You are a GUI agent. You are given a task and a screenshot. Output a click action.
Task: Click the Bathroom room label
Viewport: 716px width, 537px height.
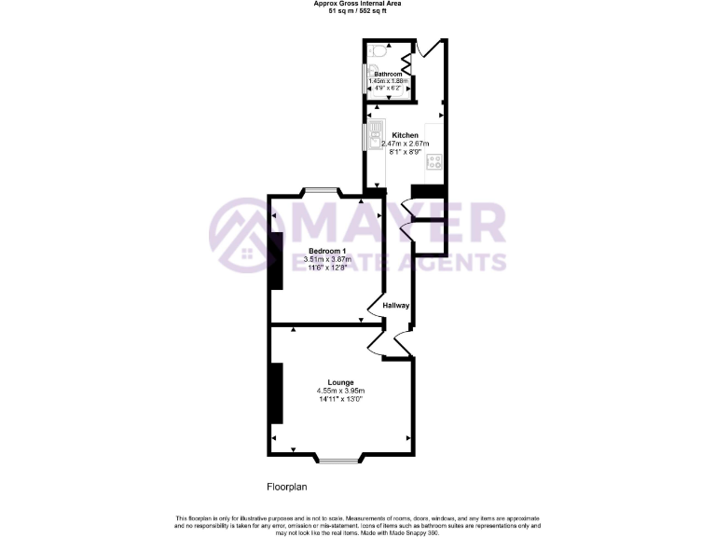(x=388, y=74)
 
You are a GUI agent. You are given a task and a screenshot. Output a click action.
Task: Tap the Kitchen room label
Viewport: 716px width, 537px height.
(x=405, y=136)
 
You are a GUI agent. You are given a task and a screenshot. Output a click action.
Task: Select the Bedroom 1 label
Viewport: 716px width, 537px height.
(x=327, y=251)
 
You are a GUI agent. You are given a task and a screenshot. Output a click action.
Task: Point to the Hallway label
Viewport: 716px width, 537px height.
(x=396, y=306)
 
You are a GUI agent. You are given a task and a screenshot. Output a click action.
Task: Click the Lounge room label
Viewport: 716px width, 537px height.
(x=340, y=382)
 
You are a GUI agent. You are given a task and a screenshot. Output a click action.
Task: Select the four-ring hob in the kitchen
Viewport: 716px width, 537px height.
(x=434, y=162)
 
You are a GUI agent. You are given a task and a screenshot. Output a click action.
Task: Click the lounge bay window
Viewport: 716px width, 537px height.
(x=340, y=458)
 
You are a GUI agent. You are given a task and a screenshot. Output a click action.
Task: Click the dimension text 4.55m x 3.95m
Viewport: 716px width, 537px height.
(x=340, y=391)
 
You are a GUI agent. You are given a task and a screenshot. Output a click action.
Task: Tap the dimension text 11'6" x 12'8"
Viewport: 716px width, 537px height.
(x=327, y=268)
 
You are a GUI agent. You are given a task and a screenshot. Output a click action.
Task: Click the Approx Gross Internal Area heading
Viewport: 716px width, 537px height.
(x=357, y=5)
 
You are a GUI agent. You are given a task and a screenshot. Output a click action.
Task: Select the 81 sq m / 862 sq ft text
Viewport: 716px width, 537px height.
(x=357, y=12)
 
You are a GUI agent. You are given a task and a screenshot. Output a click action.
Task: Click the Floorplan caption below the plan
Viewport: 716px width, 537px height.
(x=287, y=487)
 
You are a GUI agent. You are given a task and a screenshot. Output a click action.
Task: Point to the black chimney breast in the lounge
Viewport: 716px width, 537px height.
(x=276, y=394)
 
